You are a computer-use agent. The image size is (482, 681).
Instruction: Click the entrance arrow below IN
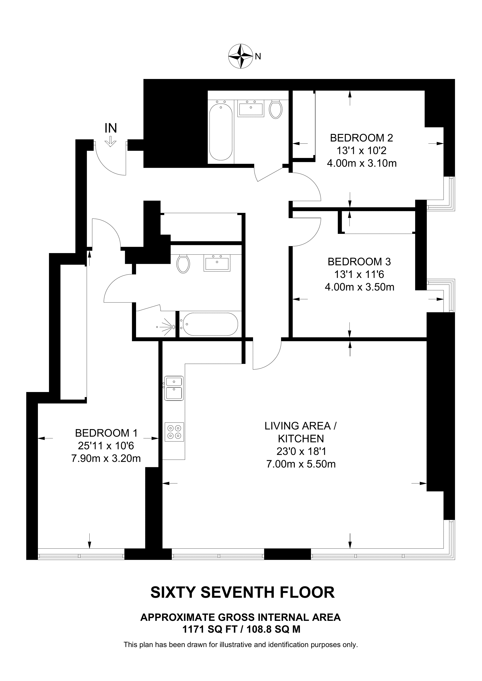click(110, 142)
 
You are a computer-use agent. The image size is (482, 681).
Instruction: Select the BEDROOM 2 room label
click(361, 138)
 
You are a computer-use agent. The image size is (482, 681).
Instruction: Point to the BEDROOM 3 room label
click(359, 262)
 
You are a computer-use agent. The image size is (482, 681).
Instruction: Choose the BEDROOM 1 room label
click(106, 433)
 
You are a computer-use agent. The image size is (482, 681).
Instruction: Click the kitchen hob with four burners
click(174, 432)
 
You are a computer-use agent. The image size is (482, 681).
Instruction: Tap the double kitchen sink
click(174, 388)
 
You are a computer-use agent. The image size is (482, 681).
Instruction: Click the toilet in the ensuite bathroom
click(183, 264)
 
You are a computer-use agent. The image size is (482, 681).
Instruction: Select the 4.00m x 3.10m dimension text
click(362, 163)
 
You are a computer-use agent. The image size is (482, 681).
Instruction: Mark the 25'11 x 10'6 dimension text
click(106, 446)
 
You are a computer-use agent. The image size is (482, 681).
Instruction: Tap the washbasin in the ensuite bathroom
click(217, 263)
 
